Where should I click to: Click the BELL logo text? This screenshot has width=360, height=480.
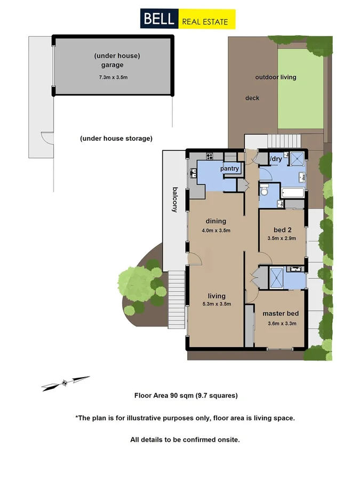coord(158,20)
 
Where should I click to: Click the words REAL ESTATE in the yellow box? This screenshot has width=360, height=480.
coord(205,21)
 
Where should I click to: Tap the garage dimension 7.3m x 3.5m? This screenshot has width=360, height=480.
coord(113,77)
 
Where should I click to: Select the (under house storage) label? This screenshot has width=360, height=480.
coord(116,139)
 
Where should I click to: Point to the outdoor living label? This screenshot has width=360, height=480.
coord(275,77)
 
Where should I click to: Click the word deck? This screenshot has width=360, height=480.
coord(252,98)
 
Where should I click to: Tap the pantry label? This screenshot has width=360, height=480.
coord(229,169)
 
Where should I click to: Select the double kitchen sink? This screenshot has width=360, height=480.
coord(193,173)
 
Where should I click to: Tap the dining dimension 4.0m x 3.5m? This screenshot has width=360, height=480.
coord(215,231)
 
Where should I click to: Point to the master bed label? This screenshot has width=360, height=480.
coord(281,314)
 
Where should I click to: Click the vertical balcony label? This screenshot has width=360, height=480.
coord(174,199)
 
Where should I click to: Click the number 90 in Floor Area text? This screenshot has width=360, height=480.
coord(174,396)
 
